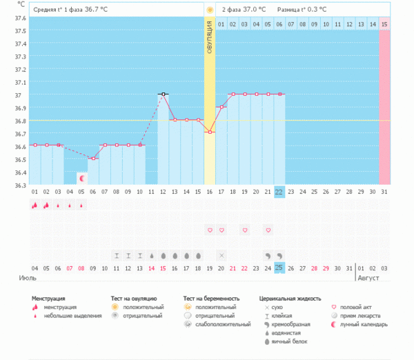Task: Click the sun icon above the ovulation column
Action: tap(209, 10)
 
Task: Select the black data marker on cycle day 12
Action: tap(163, 94)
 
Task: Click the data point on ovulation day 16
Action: tap(209, 132)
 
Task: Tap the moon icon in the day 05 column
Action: tap(81, 178)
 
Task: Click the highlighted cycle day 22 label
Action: tap(279, 192)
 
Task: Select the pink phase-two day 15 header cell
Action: tap(384, 24)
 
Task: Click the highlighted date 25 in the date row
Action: tap(279, 268)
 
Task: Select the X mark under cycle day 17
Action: tap(221, 255)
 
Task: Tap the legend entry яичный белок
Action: tap(290, 341)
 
